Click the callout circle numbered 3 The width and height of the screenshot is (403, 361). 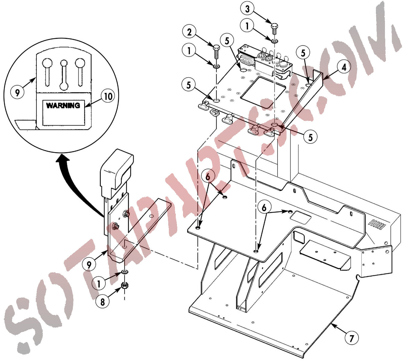247,9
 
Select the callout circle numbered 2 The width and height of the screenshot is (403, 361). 189,32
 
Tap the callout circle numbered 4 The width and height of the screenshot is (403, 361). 344,67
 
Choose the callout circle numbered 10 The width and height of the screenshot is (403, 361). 108,97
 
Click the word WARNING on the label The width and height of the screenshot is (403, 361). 63,105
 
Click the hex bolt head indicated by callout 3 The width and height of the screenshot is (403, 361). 274,26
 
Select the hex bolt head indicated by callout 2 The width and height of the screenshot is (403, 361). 216,48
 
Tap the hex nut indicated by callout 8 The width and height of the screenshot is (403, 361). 125,286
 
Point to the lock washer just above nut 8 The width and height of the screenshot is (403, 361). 125,272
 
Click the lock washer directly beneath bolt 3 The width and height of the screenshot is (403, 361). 275,41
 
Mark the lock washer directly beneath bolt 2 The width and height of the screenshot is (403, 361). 216,66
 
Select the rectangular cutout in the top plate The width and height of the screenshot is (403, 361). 263,93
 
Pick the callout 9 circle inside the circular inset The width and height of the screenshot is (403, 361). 17,92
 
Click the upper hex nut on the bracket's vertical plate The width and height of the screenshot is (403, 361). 126,213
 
